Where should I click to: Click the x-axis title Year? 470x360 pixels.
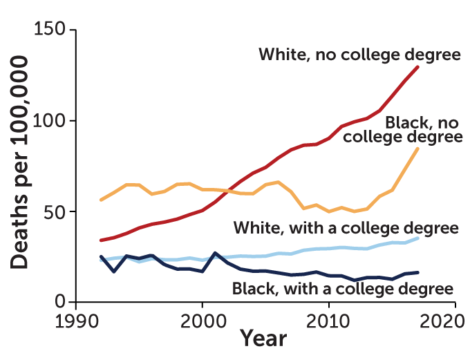click(x=263, y=339)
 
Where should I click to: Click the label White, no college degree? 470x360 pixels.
click(x=359, y=55)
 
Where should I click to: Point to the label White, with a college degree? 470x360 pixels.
click(x=346, y=228)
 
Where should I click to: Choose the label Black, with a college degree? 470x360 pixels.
click(x=343, y=288)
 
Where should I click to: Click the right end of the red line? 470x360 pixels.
click(x=418, y=66)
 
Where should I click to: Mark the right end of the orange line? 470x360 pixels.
click(x=418, y=148)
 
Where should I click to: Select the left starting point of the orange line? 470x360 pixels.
click(x=101, y=200)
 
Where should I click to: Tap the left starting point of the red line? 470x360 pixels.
click(x=101, y=240)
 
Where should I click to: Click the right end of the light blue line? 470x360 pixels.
click(x=418, y=238)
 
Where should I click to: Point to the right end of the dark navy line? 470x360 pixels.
click(x=418, y=272)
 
